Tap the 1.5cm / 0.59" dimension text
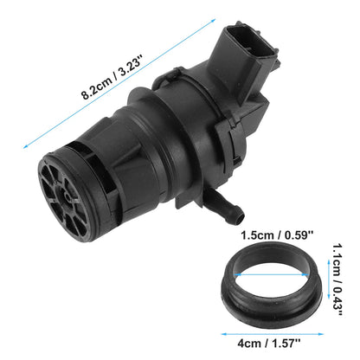(x=277, y=235)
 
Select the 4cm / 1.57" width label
(x=269, y=344)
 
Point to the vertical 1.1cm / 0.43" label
(x=337, y=280)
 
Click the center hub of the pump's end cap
(x=67, y=196)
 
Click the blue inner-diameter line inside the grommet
(x=271, y=274)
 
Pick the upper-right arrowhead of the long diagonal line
(x=214, y=20)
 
